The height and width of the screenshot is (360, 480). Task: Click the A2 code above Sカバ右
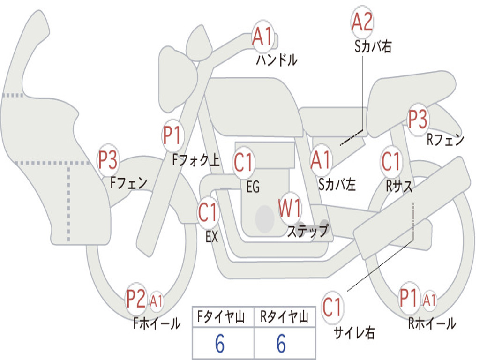pyautogui.click(x=362, y=22)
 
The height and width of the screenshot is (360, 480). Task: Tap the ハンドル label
pyautogui.click(x=277, y=60)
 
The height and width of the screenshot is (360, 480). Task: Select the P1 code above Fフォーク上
pyautogui.click(x=172, y=135)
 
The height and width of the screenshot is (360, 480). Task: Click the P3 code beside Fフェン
pyautogui.click(x=107, y=160)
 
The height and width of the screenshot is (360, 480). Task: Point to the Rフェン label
pyautogui.click(x=445, y=140)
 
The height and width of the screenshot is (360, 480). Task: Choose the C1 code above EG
pyautogui.click(x=243, y=162)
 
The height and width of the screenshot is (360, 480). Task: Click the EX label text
pyautogui.click(x=212, y=237)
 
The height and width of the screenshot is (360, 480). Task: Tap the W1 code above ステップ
pyautogui.click(x=289, y=208)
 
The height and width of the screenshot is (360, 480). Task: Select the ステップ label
pyautogui.click(x=308, y=230)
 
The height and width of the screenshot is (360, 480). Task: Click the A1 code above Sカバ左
pyautogui.click(x=321, y=160)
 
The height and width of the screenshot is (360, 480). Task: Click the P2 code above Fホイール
pyautogui.click(x=136, y=299)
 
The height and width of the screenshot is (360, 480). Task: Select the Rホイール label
pyautogui.click(x=432, y=323)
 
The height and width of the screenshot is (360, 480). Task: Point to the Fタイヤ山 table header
pyautogui.click(x=221, y=316)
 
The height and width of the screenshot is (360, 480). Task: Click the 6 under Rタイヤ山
pyautogui.click(x=281, y=344)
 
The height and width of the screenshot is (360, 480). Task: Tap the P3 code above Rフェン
pyautogui.click(x=418, y=119)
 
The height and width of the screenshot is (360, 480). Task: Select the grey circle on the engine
pyautogui.click(x=265, y=219)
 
